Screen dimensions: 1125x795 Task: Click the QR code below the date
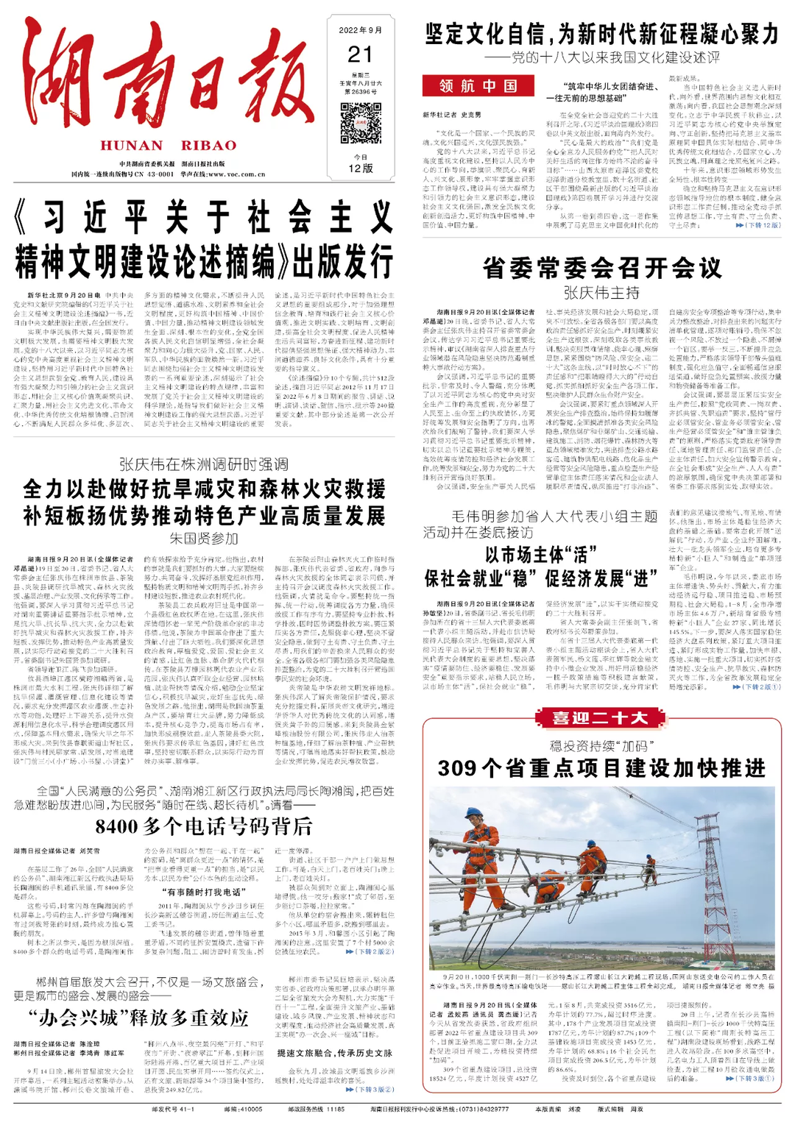(361, 123)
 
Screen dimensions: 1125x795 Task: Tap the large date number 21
(361, 54)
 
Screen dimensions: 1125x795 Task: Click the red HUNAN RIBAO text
(169, 145)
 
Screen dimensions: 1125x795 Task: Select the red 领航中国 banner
(478, 86)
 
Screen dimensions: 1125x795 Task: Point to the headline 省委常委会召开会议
(601, 268)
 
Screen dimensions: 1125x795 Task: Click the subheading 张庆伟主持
(601, 293)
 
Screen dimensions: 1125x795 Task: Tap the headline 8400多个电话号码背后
(204, 826)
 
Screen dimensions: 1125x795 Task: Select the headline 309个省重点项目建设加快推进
(601, 768)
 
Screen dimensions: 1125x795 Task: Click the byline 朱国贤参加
(204, 539)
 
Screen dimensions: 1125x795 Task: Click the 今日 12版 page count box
(361, 164)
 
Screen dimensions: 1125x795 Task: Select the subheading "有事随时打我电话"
(203, 892)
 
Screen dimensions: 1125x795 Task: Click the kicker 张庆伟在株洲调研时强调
(204, 464)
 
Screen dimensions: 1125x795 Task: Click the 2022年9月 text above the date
(361, 31)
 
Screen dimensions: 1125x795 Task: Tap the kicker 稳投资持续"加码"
(601, 745)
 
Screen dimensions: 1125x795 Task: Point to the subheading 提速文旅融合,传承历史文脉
(334, 1053)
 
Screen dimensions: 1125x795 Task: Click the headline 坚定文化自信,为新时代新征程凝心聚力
(601, 34)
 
